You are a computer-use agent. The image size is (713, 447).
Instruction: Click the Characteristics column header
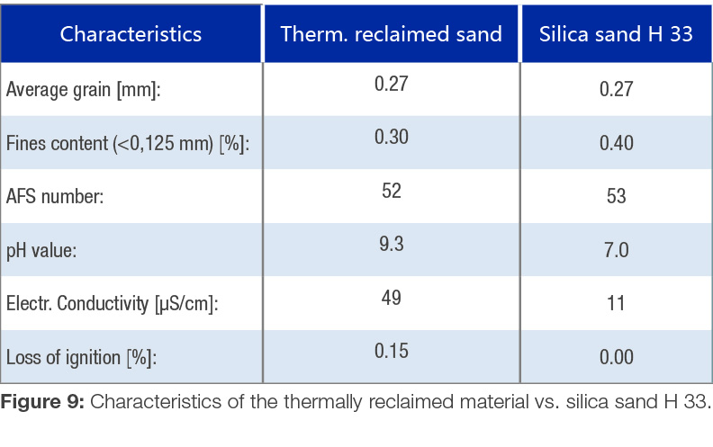[x=131, y=35]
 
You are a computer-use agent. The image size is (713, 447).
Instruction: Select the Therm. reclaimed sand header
[x=391, y=35]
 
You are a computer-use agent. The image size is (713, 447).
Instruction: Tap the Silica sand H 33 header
[x=616, y=35]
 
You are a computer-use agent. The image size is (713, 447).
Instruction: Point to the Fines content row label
[x=127, y=144]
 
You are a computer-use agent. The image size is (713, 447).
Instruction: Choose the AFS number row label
[x=55, y=196]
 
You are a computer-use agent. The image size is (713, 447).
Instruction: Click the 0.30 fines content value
[x=391, y=137]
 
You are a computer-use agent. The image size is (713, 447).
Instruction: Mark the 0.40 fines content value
[x=616, y=144]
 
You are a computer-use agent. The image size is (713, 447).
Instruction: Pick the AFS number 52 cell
[x=391, y=191]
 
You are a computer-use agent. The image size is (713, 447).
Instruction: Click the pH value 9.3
[x=391, y=244]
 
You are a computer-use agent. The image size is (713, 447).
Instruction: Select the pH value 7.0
[x=616, y=250]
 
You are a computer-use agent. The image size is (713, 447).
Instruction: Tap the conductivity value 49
[x=391, y=297]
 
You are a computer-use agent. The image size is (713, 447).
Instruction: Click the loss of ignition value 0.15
[x=391, y=351]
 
